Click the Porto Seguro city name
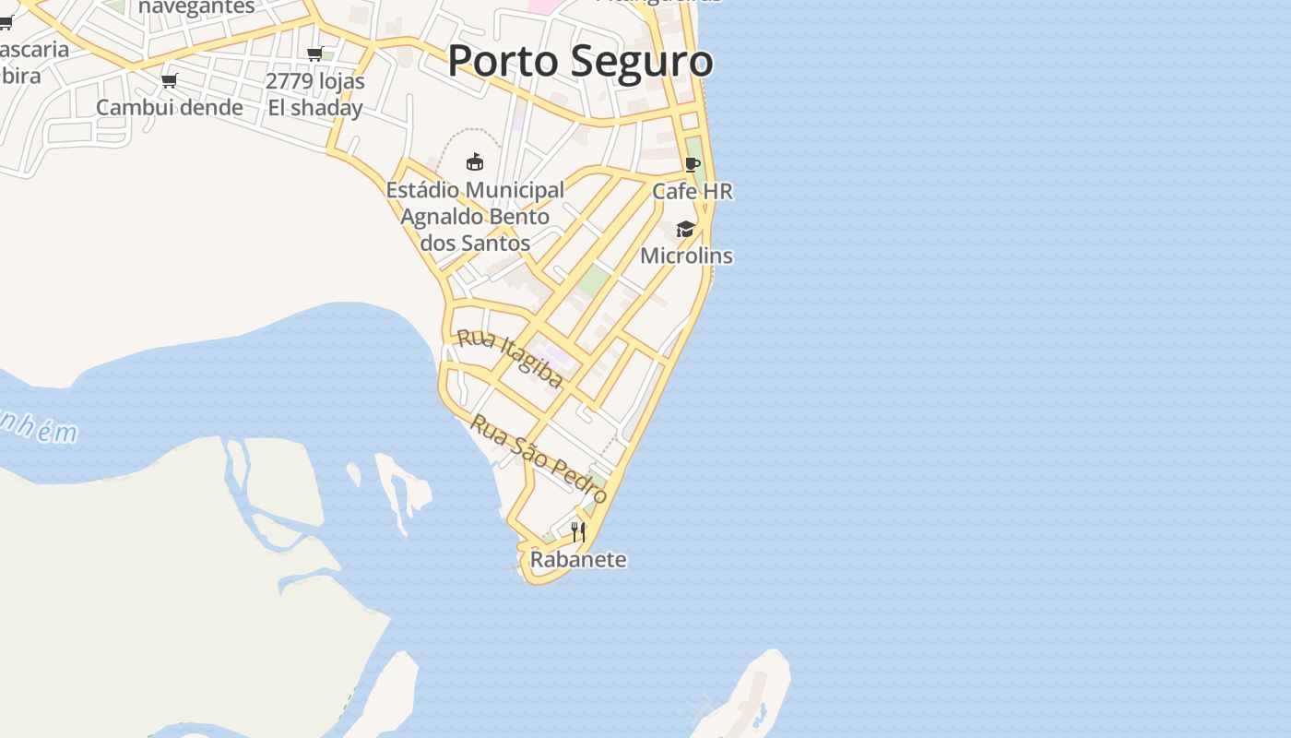click(580, 61)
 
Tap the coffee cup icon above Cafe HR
click(693, 165)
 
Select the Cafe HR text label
click(693, 192)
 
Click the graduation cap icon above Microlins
click(685, 229)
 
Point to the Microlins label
click(686, 256)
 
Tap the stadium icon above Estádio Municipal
click(475, 162)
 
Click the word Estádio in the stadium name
click(423, 190)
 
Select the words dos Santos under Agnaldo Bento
click(475, 244)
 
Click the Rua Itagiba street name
click(510, 358)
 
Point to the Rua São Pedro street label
click(539, 458)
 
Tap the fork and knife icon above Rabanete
click(578, 531)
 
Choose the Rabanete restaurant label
click(578, 560)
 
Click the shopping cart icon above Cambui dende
click(170, 81)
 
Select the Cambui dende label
click(170, 108)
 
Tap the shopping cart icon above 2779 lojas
click(315, 54)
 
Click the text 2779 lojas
click(315, 81)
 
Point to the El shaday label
click(315, 108)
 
